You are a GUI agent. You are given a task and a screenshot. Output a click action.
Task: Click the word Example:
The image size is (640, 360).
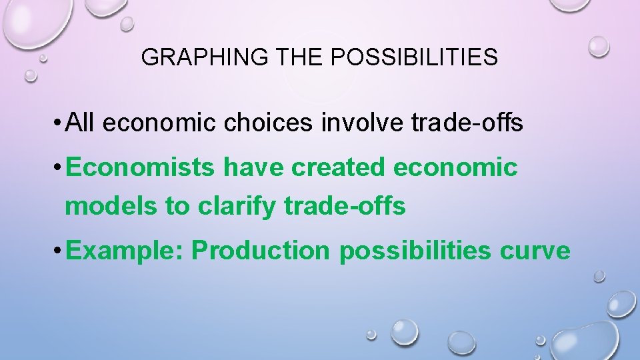point(126,251)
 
